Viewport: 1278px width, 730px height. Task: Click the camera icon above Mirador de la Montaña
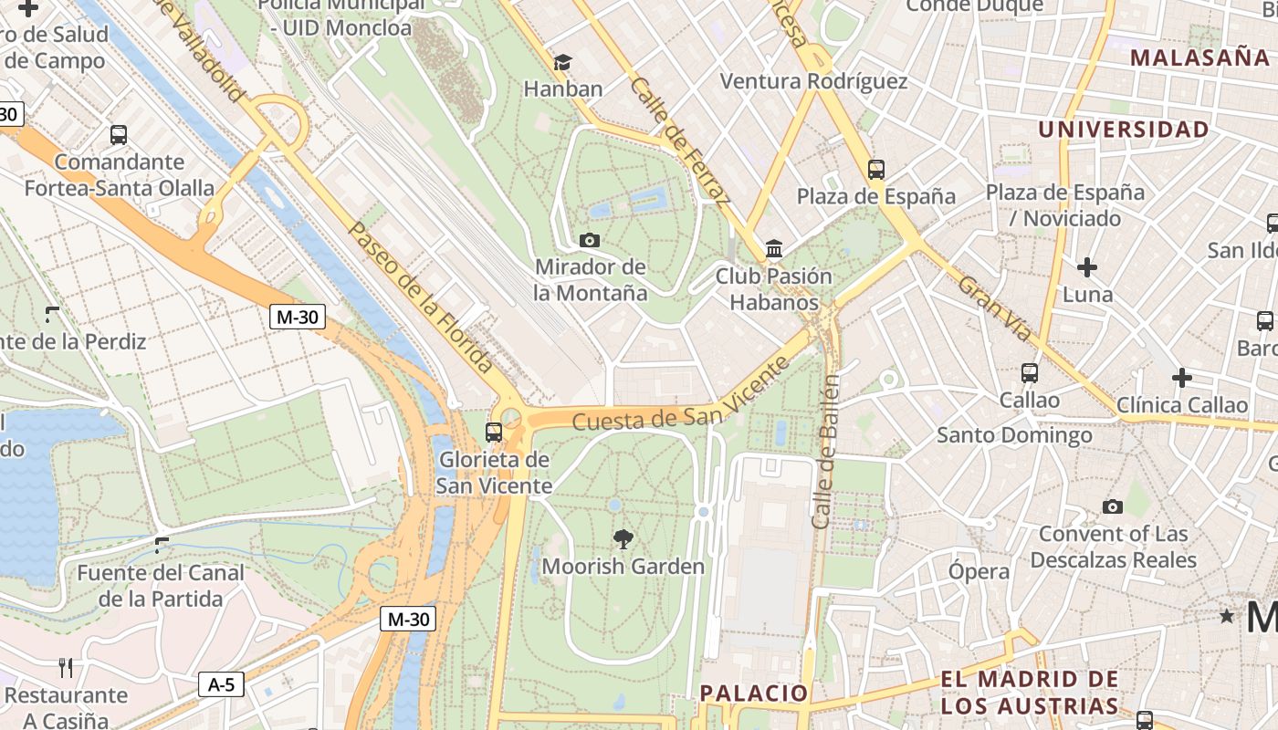point(590,240)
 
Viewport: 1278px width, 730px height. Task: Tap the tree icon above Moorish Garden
point(623,538)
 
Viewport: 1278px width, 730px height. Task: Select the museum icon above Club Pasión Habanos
point(774,248)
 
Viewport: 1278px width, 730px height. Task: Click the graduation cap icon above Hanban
point(563,62)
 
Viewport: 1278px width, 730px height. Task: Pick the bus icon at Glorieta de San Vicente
point(494,432)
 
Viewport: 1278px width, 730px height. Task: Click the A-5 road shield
point(221,684)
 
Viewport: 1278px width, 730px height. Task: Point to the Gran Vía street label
point(995,308)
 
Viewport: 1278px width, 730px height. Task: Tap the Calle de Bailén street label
point(824,451)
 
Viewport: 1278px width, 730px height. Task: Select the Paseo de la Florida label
point(422,297)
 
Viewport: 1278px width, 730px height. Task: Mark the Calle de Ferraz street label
point(679,140)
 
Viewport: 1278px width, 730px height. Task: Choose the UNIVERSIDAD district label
point(1123,130)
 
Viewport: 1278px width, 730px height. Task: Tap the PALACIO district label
point(754,693)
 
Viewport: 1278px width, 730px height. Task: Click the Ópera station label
point(979,572)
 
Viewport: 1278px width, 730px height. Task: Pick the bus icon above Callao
point(1030,372)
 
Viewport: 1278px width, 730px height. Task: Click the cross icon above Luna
point(1086,267)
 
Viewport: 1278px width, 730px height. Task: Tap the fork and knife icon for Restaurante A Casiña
point(66,668)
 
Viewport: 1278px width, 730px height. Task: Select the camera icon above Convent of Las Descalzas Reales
point(1112,506)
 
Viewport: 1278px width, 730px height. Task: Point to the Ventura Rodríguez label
point(813,81)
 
